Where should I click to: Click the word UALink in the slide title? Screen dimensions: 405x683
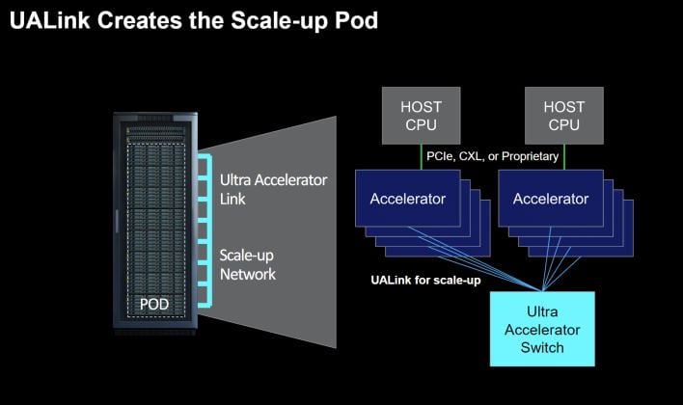(x=47, y=20)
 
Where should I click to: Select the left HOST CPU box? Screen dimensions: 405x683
(x=423, y=115)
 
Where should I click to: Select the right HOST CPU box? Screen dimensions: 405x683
(x=564, y=115)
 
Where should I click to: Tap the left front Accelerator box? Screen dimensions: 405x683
(x=408, y=200)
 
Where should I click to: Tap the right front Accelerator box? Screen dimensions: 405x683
(x=550, y=200)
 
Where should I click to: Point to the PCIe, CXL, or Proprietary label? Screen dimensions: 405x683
(x=493, y=155)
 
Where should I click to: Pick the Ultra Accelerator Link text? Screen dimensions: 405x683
(x=273, y=189)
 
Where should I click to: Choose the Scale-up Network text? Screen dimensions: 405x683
(x=248, y=265)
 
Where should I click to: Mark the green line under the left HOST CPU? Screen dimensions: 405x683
(x=423, y=155)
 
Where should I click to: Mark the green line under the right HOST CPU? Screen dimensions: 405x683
(x=564, y=155)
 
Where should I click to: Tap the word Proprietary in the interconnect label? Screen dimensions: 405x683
(x=527, y=155)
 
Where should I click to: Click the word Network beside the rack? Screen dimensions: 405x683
(x=248, y=275)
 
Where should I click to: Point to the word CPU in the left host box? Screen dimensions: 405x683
(x=423, y=124)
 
